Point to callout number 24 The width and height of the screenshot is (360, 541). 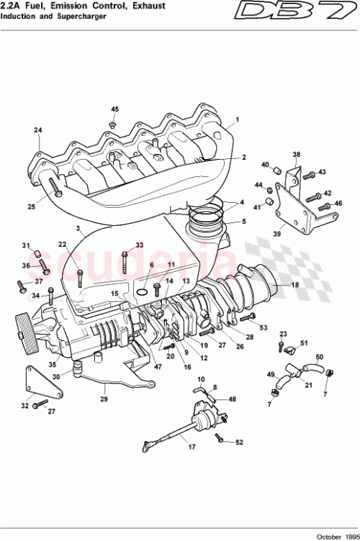tap(38, 130)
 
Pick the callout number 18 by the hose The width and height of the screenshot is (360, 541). tap(294, 286)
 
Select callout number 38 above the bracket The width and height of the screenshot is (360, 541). tap(296, 155)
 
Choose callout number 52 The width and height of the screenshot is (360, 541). tap(240, 442)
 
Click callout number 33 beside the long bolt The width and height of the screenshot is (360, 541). tap(140, 245)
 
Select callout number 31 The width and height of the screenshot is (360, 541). tap(25, 245)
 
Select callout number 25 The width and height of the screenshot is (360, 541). tap(31, 207)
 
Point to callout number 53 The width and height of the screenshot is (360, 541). tap(263, 328)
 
